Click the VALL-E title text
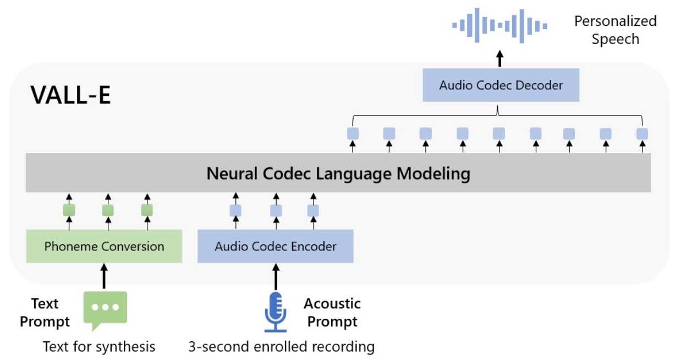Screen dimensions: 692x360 tap(70, 95)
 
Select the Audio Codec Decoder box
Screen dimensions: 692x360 tap(501, 85)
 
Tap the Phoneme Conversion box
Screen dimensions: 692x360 tap(104, 246)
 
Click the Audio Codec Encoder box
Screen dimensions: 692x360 tap(276, 246)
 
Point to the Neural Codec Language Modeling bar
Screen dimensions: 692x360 tap(338, 173)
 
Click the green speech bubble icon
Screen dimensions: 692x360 tap(105, 310)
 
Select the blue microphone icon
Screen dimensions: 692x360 tap(276, 312)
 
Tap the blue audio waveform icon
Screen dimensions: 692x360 tap(499, 26)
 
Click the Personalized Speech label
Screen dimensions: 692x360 tap(616, 30)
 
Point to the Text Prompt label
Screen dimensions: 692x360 tap(45, 313)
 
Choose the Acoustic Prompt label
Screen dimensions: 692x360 tap(332, 313)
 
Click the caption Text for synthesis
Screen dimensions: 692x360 tap(99, 347)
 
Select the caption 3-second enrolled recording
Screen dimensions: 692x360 tap(282, 347)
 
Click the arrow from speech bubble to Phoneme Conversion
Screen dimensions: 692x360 tap(104, 276)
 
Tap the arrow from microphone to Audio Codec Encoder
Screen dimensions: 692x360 tap(276, 276)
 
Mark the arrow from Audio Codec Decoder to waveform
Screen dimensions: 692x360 tap(500, 59)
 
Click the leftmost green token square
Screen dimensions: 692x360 tap(69, 210)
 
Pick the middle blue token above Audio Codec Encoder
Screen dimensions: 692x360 tap(276, 211)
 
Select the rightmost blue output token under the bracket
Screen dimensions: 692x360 tap(642, 134)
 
